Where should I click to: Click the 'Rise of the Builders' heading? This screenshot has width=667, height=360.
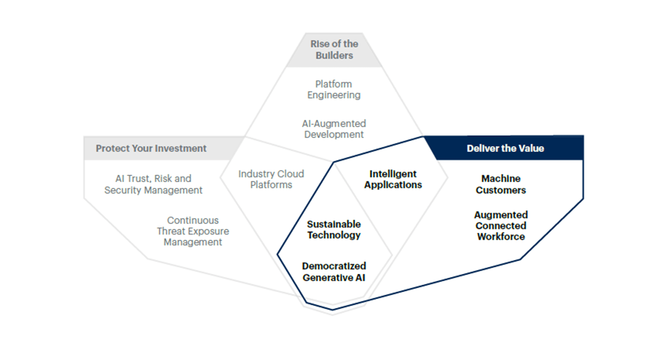pyautogui.click(x=334, y=50)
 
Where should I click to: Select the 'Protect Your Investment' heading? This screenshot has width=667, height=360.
pyautogui.click(x=151, y=149)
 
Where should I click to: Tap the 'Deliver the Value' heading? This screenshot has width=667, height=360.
pyautogui.click(x=505, y=149)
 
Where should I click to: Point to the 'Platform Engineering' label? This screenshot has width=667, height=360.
pyautogui.click(x=333, y=90)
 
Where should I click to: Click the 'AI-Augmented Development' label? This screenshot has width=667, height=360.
pyautogui.click(x=334, y=129)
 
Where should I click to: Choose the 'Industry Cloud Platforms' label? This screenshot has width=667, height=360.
pyautogui.click(x=271, y=179)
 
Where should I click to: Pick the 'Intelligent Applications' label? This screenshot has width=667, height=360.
pyautogui.click(x=393, y=179)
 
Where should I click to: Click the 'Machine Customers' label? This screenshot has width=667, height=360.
pyautogui.click(x=501, y=184)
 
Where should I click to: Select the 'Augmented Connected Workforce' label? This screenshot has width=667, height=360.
pyautogui.click(x=501, y=226)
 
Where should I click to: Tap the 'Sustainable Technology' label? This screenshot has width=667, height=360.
pyautogui.click(x=334, y=230)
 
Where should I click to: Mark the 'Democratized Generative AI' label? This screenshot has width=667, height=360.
pyautogui.click(x=334, y=272)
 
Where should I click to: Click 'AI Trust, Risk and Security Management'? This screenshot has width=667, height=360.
pyautogui.click(x=153, y=184)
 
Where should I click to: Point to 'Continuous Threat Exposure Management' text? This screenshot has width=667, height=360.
pyautogui.click(x=193, y=231)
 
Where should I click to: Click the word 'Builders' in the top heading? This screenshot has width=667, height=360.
pyautogui.click(x=334, y=55)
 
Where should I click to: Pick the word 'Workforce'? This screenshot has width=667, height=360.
pyautogui.click(x=501, y=237)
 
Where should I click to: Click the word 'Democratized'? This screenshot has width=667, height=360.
pyautogui.click(x=334, y=266)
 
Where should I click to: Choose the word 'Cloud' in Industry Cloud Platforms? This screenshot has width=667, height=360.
pyautogui.click(x=290, y=174)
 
